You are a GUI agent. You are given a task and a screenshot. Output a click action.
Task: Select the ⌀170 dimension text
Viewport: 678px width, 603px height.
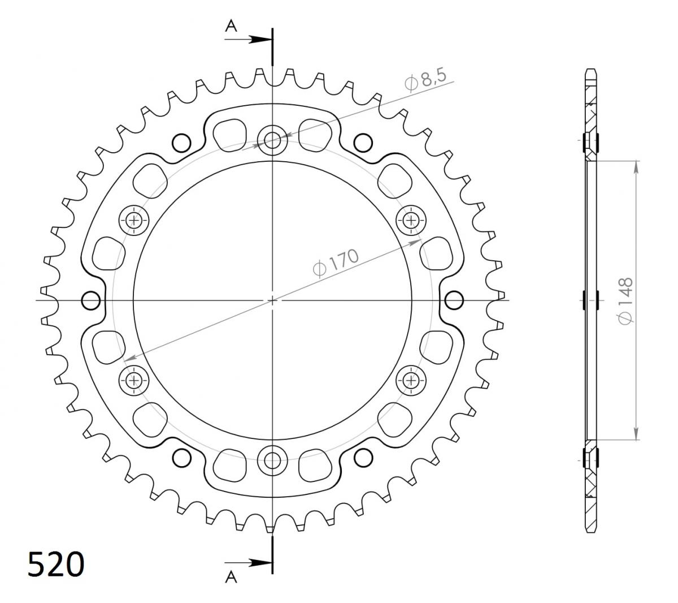pos(336,263)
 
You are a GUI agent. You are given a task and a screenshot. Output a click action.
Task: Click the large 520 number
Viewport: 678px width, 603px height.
pos(56,564)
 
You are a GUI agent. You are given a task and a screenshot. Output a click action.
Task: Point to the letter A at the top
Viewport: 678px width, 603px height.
pos(231,26)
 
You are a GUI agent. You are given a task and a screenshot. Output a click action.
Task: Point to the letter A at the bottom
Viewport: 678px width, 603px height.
pos(231,577)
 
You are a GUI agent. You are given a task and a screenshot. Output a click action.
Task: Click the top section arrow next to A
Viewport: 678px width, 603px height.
pos(248,40)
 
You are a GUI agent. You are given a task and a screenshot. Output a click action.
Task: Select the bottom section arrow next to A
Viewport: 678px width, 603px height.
pos(248,562)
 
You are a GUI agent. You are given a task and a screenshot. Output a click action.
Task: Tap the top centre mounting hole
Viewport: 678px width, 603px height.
pos(272,140)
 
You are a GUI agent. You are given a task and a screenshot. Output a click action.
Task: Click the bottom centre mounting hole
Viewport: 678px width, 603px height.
pos(272,460)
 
